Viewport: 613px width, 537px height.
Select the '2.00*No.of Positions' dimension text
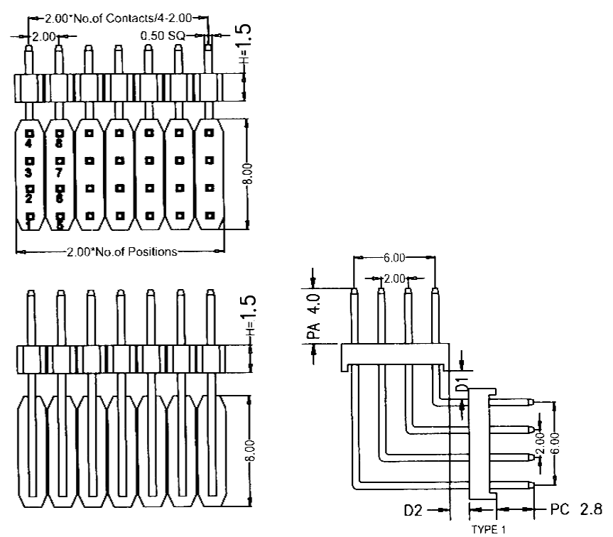click(121, 251)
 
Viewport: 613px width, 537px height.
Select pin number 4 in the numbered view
click(29, 143)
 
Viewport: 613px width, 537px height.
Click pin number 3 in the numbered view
click(29, 173)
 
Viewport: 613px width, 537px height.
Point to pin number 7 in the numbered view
click(60, 173)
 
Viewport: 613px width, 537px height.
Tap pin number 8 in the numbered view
click(60, 143)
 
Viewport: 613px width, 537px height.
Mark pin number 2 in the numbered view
click(29, 199)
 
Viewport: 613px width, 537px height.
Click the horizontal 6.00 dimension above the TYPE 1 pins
click(394, 258)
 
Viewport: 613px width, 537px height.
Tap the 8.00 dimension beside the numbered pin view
click(245, 173)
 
